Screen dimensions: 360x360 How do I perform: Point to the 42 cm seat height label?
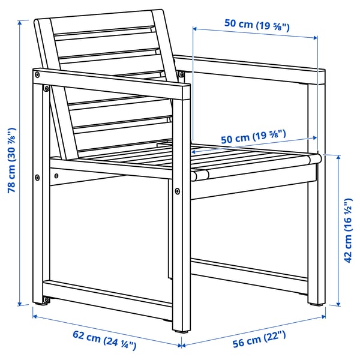pyautogui.click(x=349, y=228)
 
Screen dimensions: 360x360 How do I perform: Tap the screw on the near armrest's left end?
pyautogui.click(x=38, y=74)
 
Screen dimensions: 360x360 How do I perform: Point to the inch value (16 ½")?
pyautogui.click(x=349, y=210)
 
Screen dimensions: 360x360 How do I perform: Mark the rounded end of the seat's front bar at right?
pyautogui.click(x=313, y=159)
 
